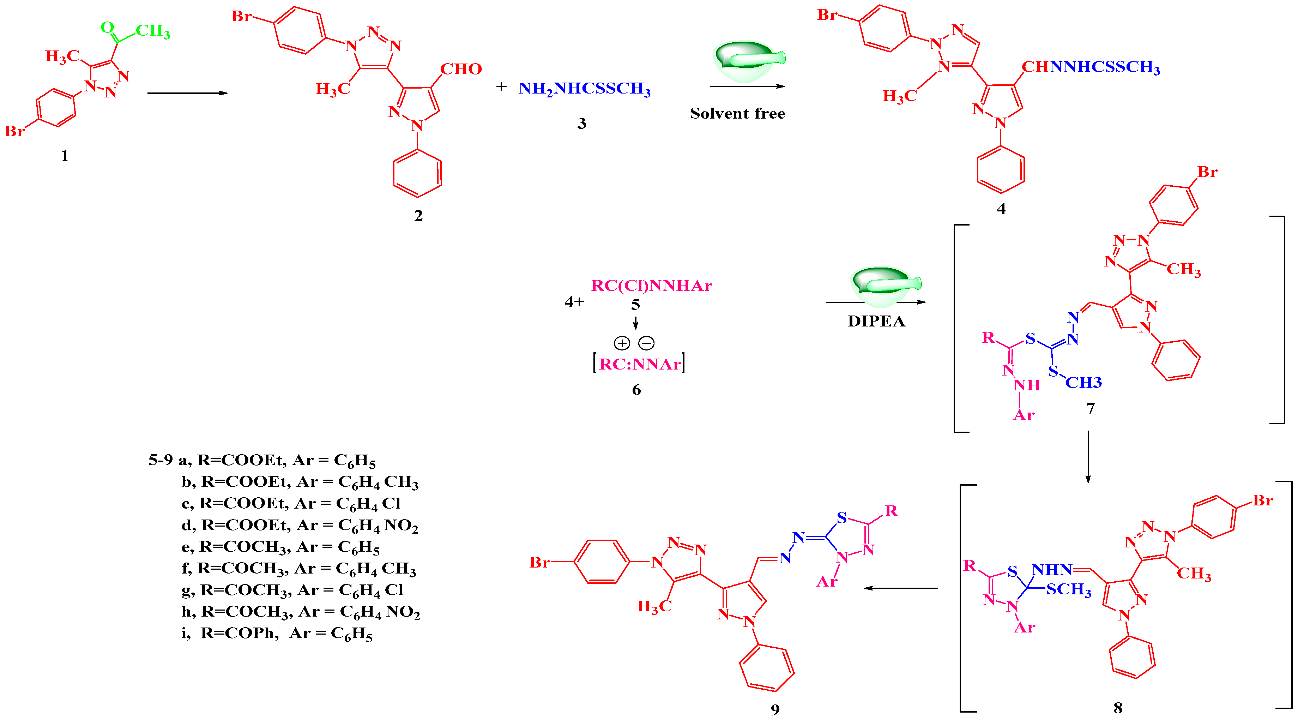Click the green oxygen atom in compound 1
coord(107,27)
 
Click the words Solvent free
coord(737,113)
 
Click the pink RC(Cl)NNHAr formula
coord(651,286)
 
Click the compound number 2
coord(418,216)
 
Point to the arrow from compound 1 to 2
coord(187,93)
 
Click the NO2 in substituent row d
coord(401,526)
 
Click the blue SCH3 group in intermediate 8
coord(1068,589)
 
